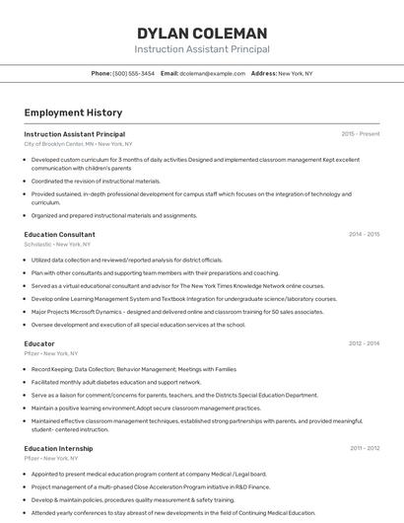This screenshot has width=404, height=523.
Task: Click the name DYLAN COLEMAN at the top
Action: (202, 33)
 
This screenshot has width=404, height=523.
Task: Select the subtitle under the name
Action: (202, 48)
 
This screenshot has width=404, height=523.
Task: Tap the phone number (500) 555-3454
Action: (134, 73)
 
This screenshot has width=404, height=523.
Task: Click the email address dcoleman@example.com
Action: (213, 73)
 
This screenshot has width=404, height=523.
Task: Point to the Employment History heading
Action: (73, 112)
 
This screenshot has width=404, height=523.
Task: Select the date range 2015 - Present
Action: (360, 133)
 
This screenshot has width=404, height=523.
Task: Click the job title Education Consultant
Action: (59, 235)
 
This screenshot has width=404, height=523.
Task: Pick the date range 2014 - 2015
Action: (364, 235)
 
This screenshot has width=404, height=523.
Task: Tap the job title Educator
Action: (39, 343)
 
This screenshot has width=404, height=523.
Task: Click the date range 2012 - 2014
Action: (364, 343)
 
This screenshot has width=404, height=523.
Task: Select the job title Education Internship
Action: (58, 448)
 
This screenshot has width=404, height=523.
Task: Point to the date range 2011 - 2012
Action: (364, 448)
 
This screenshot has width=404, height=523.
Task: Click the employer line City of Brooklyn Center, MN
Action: (78, 143)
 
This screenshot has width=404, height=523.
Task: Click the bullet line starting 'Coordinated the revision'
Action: (96, 181)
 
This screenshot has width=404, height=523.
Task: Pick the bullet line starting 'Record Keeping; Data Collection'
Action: (134, 368)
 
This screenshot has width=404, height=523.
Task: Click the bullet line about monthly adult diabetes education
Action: (116, 381)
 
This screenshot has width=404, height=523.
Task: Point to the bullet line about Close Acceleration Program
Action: (150, 486)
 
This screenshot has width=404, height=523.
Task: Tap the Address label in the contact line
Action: (263, 73)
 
